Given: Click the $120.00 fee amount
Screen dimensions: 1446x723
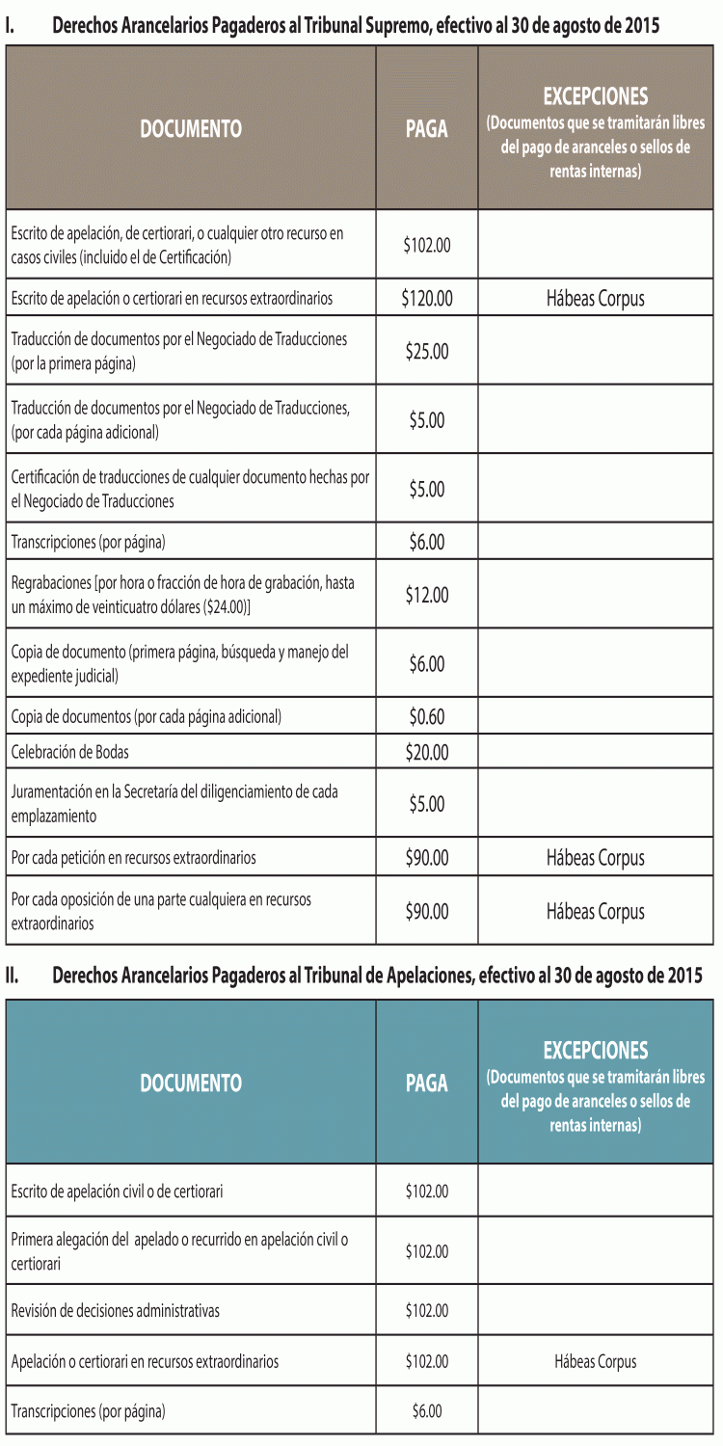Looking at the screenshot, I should pyautogui.click(x=427, y=299).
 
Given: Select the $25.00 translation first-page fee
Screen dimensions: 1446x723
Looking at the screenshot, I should pyautogui.click(x=427, y=352).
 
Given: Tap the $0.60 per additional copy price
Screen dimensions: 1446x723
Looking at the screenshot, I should pyautogui.click(x=427, y=717).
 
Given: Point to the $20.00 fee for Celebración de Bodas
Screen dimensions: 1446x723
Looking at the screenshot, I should pyautogui.click(x=427, y=752).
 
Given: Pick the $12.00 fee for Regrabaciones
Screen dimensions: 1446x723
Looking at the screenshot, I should pyautogui.click(x=427, y=596).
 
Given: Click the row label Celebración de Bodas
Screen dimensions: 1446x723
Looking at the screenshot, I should pyautogui.click(x=69, y=752).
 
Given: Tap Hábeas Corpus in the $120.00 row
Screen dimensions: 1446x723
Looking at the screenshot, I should pyautogui.click(x=595, y=299).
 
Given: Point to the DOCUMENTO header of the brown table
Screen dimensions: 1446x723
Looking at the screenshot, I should pyautogui.click(x=191, y=128).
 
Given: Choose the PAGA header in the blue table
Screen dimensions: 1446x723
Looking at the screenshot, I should pyautogui.click(x=427, y=1083).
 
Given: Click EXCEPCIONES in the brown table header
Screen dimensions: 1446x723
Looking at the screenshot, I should pyautogui.click(x=595, y=96).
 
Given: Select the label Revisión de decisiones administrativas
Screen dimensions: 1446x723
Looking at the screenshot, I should pyautogui.click(x=116, y=1311).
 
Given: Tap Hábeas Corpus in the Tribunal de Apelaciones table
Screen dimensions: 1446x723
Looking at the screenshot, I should pyautogui.click(x=595, y=1362).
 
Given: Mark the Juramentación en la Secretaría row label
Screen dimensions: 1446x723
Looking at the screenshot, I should pyautogui.click(x=174, y=804).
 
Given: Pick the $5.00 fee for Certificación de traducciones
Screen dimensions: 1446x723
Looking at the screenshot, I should pyautogui.click(x=427, y=490).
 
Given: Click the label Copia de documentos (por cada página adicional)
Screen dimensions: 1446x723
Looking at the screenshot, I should pyautogui.click(x=147, y=717).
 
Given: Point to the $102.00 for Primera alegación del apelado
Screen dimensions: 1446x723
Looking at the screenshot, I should pyautogui.click(x=427, y=1251).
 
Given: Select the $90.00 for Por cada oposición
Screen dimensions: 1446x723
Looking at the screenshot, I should pyautogui.click(x=427, y=911).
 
